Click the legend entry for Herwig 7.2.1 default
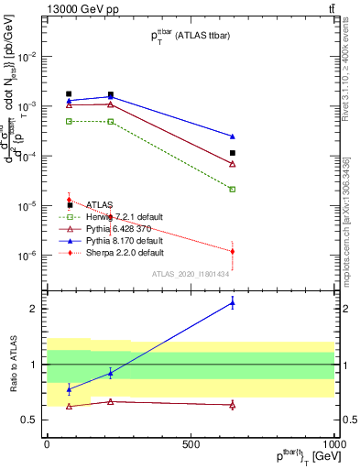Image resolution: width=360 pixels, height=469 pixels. pos(124,216)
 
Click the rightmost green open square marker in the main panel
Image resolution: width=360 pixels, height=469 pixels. pos(233,190)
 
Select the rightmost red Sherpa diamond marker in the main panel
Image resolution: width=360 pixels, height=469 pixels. pos(233,251)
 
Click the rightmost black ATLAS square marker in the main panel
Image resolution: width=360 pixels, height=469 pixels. pos(233,153)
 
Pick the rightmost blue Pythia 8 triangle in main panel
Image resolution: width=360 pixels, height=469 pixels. pos(233,136)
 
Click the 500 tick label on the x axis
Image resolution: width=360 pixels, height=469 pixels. pos(191,443)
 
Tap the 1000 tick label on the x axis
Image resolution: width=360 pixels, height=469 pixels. pos(334,443)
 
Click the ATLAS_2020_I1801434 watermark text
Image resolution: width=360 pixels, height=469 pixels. pos(190,274)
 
